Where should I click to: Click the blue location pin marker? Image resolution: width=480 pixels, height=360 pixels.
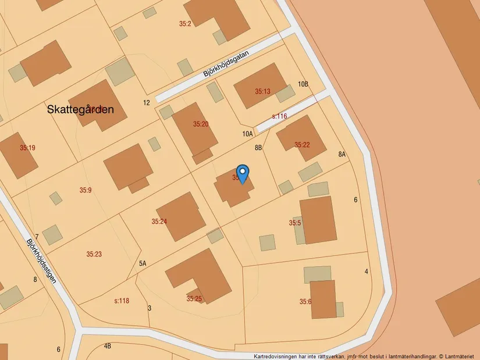tap(243, 173)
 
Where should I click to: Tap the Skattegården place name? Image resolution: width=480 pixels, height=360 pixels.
tap(80, 109)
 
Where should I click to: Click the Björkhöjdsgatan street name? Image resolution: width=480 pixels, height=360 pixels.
tap(226, 64)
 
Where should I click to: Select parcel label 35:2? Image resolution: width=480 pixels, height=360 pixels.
tap(185, 24)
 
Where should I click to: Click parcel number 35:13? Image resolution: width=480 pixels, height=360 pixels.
tap(262, 91)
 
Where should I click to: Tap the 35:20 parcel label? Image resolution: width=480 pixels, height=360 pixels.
tap(201, 124)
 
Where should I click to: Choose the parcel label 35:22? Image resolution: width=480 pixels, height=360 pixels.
tap(301, 145)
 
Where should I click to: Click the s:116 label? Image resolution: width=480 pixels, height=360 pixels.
tap(279, 116)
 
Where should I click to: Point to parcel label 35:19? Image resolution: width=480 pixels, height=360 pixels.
tap(27, 148)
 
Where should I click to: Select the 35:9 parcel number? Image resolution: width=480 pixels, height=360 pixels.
tap(86, 190)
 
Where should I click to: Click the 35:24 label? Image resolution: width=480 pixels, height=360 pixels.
tap(159, 222)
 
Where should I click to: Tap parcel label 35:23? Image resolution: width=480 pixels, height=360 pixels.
tap(94, 254)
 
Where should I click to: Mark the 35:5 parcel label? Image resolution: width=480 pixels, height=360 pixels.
tap(294, 223)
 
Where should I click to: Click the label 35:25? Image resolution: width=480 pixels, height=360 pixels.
tap(194, 299)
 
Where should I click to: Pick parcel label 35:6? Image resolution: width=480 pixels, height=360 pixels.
tap(305, 301)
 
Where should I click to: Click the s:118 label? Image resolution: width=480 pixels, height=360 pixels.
tap(121, 301)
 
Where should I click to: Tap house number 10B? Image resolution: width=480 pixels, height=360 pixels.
tap(303, 84)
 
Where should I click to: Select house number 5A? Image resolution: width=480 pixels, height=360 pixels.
tap(143, 263)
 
